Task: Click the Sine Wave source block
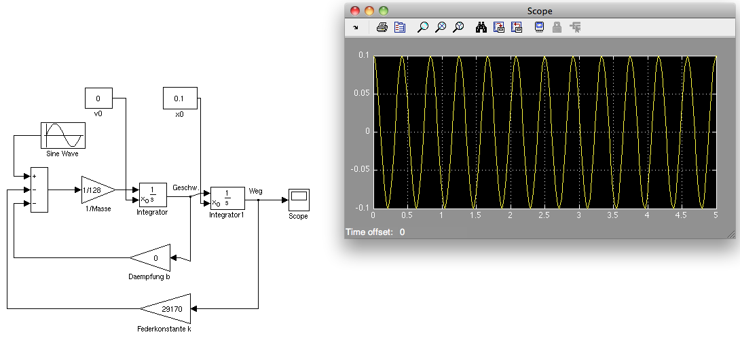pyautogui.click(x=62, y=136)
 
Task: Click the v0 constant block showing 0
pyautogui.click(x=98, y=98)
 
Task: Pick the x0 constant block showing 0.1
pyautogui.click(x=180, y=98)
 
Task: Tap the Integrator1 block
pyautogui.click(x=227, y=198)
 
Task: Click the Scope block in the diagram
pyautogui.click(x=299, y=200)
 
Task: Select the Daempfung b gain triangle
pyautogui.click(x=150, y=258)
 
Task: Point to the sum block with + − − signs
pyautogui.click(x=39, y=190)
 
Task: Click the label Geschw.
pyautogui.click(x=186, y=187)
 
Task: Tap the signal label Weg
pyautogui.click(x=255, y=191)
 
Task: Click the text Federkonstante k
pyautogui.click(x=164, y=329)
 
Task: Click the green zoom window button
pyautogui.click(x=383, y=10)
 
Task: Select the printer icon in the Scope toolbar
pyautogui.click(x=382, y=27)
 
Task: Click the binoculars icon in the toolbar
pyautogui.click(x=481, y=27)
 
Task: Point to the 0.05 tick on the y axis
pyautogui.click(x=361, y=94)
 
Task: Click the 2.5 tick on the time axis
pyautogui.click(x=544, y=215)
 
